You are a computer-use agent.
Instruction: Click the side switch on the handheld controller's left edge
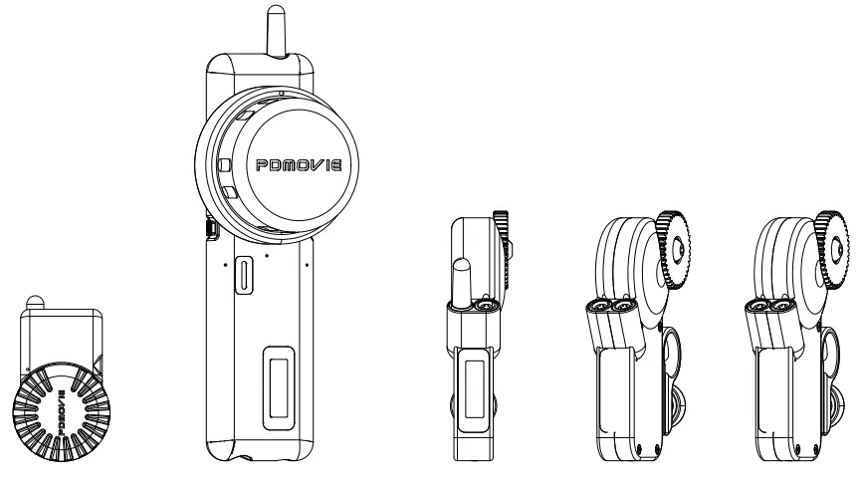(x=211, y=230)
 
